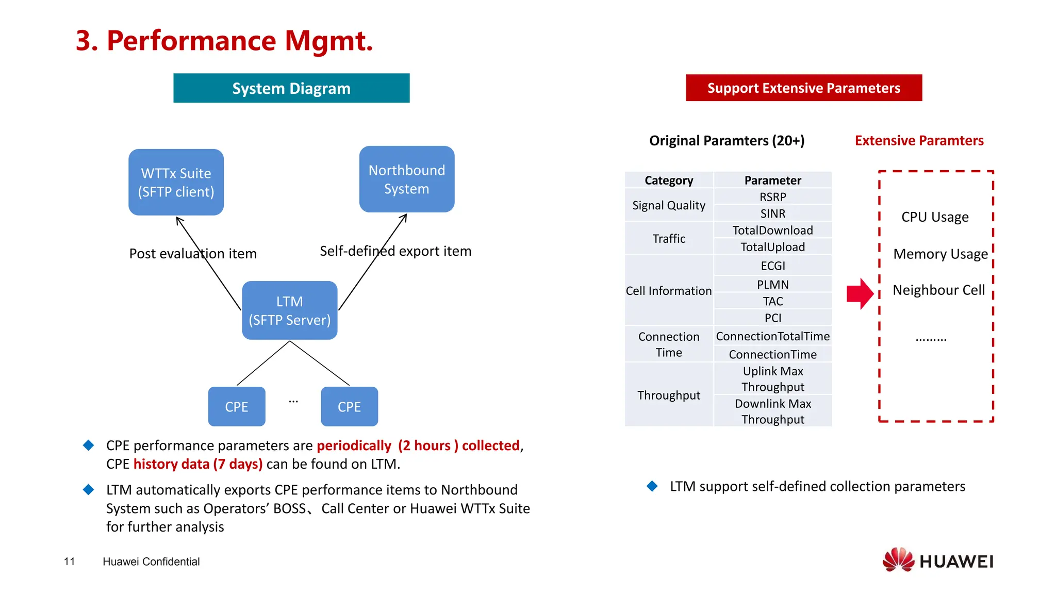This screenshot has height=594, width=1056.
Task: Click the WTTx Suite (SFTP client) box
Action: pos(176,182)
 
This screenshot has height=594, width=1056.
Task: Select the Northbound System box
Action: pos(406,179)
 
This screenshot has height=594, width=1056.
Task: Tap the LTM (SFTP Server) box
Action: pos(289,310)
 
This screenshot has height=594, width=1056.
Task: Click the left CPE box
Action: pos(237,406)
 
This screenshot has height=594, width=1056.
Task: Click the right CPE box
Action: pos(349,406)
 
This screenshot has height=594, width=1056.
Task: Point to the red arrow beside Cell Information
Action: pos(860,293)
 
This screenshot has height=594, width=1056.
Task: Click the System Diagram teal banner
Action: pos(291,88)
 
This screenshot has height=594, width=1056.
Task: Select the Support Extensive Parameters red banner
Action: pos(803,88)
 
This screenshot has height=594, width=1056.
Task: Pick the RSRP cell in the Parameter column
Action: pos(772,197)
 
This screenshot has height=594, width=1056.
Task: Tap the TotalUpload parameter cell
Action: pos(772,247)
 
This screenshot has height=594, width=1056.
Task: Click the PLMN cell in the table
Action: pos(772,284)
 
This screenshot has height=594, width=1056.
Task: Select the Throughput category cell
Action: pos(668,395)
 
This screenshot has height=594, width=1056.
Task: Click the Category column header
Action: pos(668,180)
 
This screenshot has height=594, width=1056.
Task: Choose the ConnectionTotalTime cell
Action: pos(772,336)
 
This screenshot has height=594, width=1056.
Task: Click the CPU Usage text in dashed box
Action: pos(935,217)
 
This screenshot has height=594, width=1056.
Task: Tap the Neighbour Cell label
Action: pos(938,290)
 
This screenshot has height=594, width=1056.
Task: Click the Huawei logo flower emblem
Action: pos(898,560)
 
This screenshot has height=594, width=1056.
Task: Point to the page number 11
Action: pos(70,562)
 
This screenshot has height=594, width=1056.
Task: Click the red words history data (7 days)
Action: pos(198,464)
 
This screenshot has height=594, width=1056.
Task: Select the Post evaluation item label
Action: pos(193,254)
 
